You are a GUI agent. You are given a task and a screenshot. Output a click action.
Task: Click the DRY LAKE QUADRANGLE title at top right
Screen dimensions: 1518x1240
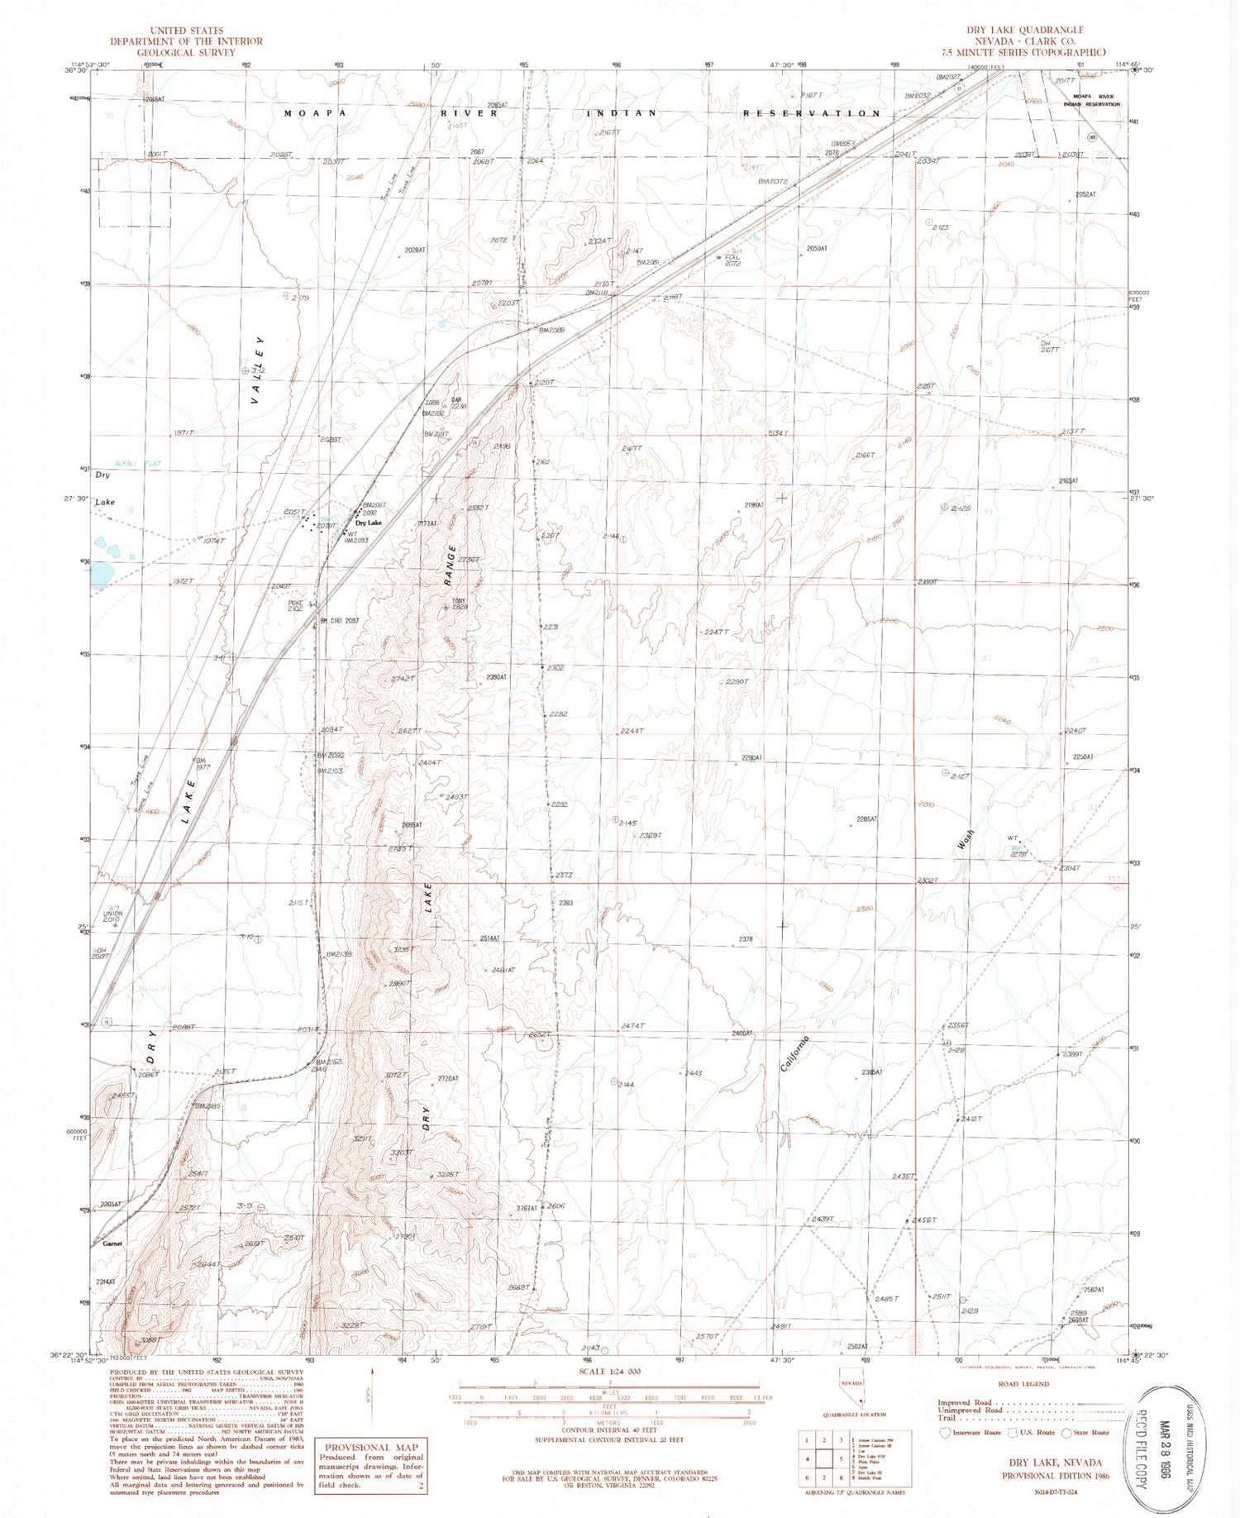point(1029,30)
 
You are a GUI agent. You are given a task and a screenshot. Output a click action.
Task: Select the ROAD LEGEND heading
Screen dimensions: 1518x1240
point(1023,1383)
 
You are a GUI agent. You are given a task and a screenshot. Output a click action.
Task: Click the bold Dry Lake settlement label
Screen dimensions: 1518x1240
point(369,523)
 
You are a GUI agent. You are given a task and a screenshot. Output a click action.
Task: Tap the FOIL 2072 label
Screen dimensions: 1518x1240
point(732,260)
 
